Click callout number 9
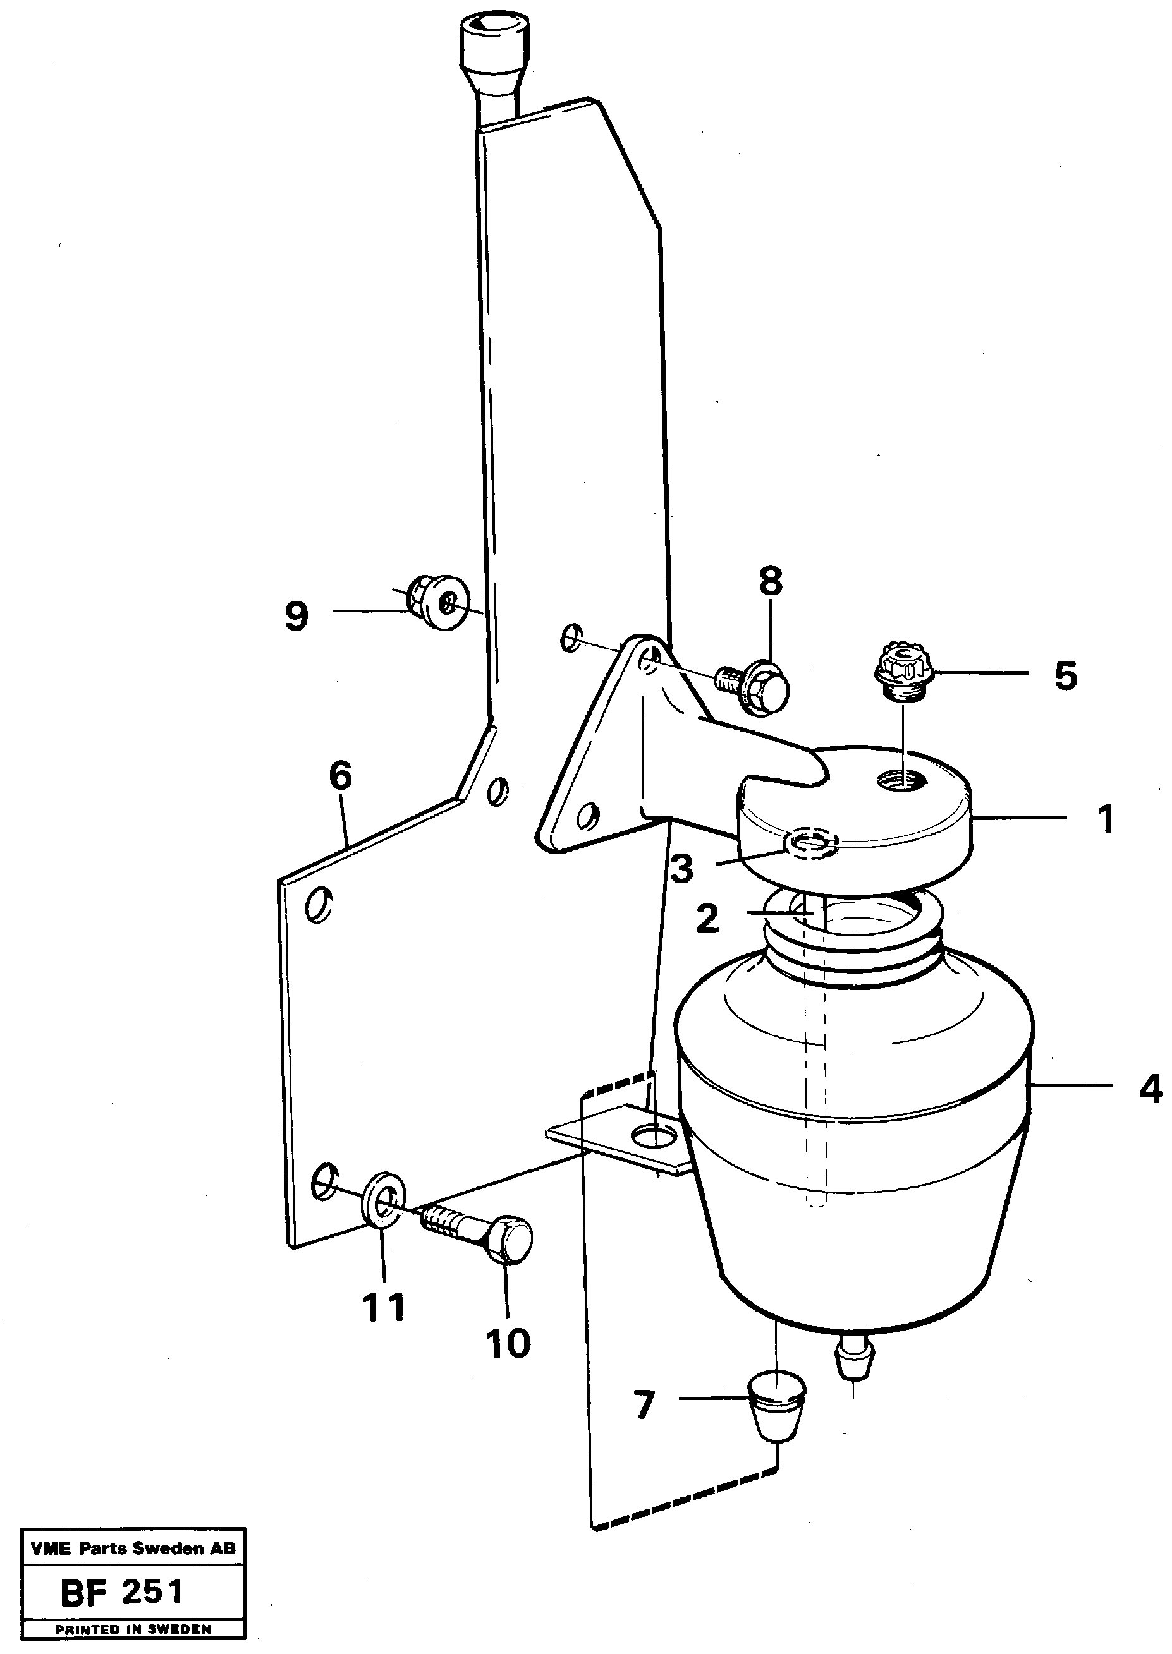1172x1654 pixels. [x=296, y=617]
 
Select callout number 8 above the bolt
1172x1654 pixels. [x=770, y=581]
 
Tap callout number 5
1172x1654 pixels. [x=1065, y=676]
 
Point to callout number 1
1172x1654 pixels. [x=1105, y=819]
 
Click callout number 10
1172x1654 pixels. [x=508, y=1343]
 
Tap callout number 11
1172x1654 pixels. [x=383, y=1307]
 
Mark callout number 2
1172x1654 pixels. [x=707, y=919]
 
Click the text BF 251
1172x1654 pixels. [x=123, y=1593]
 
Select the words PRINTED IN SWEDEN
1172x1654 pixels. [x=133, y=1628]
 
